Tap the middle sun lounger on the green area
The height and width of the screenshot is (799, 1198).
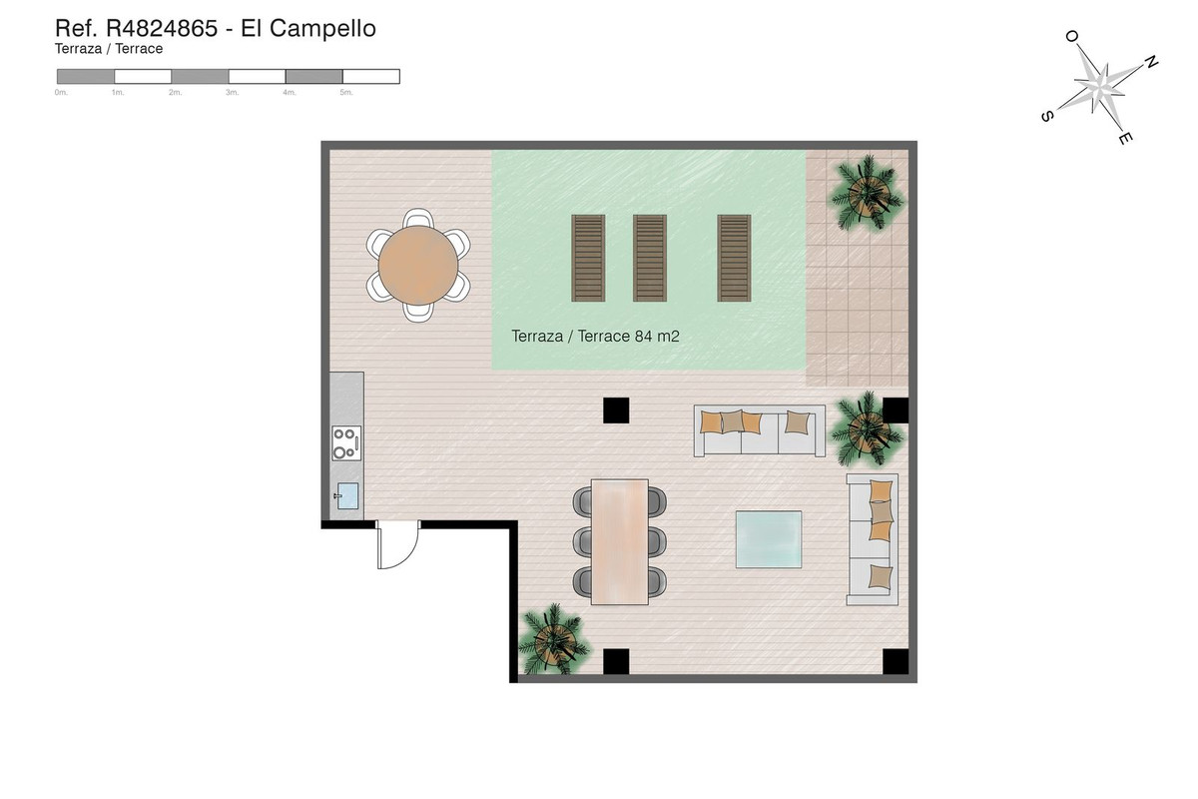(x=650, y=258)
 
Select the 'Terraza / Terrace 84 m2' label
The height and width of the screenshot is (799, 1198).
(x=595, y=337)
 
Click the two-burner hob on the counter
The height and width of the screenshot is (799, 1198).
(x=345, y=442)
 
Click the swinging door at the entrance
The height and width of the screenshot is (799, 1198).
(x=395, y=546)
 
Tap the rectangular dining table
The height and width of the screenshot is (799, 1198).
(x=619, y=541)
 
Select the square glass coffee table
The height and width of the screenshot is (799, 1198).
(x=769, y=538)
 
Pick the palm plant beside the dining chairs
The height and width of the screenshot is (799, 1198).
(x=552, y=639)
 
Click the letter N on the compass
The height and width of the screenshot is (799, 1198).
(x=1150, y=62)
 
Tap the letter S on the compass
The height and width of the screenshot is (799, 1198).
(x=1046, y=116)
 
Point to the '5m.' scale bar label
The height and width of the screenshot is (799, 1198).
(x=346, y=92)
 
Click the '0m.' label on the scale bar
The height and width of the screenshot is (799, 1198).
(x=61, y=92)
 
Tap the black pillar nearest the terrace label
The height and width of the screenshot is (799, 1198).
(x=616, y=409)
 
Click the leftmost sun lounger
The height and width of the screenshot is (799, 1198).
(x=588, y=258)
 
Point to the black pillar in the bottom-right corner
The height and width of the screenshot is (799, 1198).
(x=895, y=661)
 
